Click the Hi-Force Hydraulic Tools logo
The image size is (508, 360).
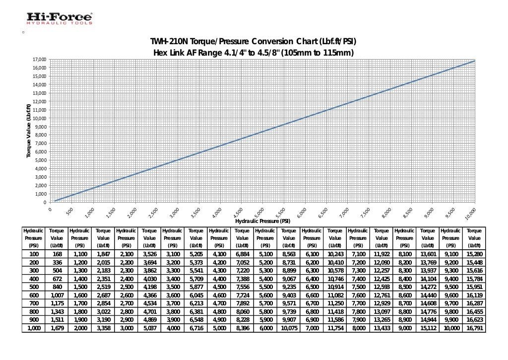coord(59,19)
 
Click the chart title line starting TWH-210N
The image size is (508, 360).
coord(254,41)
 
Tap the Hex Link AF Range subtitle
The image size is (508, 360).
coord(254,53)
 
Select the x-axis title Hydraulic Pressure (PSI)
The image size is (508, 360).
coord(262,221)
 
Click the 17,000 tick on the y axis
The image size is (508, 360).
coord(39,60)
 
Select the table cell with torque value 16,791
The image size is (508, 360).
coord(474,328)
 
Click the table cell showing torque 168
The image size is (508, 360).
coord(57,254)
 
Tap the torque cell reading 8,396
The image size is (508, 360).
coord(242,328)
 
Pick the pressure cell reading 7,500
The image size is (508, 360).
coord(358,287)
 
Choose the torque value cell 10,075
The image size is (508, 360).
coord(288,328)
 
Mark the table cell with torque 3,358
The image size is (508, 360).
coord(103,328)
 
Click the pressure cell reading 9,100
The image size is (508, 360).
coord(450,254)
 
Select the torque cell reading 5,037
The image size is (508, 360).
coord(149,328)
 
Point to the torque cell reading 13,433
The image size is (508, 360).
coord(381,328)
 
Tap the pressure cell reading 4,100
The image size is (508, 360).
coord(219,254)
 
